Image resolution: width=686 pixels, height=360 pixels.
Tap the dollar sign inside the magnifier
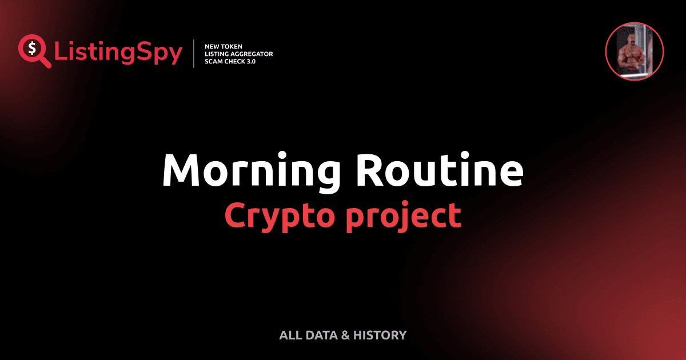pyautogui.click(x=32, y=49)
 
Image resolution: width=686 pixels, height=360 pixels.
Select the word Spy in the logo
pyautogui.click(x=162, y=53)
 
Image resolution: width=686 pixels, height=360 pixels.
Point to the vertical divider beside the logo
pyautogui.click(x=194, y=54)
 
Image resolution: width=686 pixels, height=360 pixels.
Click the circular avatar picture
pyautogui.click(x=634, y=52)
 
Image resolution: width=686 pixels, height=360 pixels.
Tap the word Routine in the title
pyautogui.click(x=439, y=171)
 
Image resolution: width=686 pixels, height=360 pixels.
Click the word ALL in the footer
pyautogui.click(x=290, y=335)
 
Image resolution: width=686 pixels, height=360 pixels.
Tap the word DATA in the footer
pyautogui.click(x=321, y=335)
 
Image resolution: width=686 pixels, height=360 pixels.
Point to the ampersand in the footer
pyautogui.click(x=345, y=335)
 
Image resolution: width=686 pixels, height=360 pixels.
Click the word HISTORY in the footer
pyautogui.click(x=380, y=335)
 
